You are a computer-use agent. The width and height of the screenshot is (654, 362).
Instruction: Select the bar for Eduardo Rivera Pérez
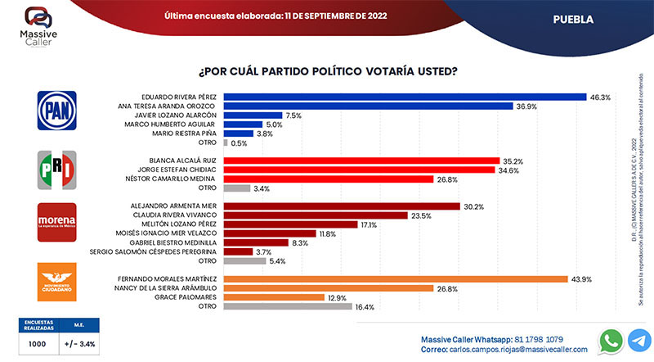[405, 97]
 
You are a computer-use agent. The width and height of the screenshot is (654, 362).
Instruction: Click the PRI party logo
[57, 168]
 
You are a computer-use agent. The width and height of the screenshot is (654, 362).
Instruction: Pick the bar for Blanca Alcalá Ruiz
[361, 161]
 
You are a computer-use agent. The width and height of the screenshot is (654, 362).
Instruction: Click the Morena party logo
[57, 222]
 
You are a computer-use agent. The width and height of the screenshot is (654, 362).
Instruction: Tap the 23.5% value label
[421, 215]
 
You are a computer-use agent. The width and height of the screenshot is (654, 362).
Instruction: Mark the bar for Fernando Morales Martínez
[395, 278]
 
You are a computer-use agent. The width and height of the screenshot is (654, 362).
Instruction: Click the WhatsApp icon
[610, 340]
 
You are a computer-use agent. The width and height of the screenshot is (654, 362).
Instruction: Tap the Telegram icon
[640, 340]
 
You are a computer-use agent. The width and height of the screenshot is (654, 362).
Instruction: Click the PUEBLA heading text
[573, 17]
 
